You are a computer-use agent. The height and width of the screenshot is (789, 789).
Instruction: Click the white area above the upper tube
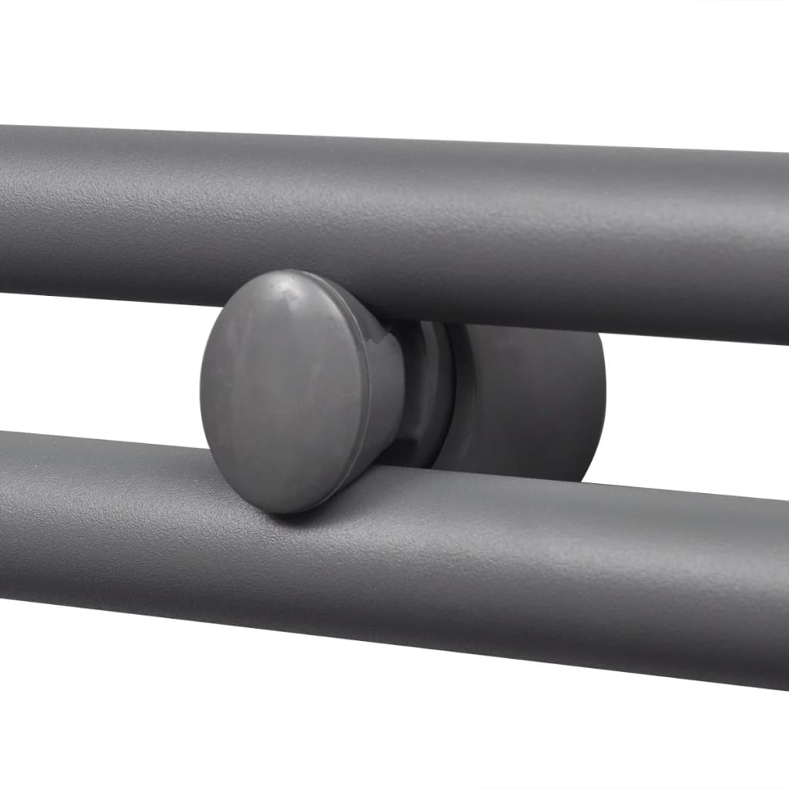[x=385, y=62]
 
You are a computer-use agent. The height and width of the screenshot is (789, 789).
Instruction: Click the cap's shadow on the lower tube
[x=308, y=516]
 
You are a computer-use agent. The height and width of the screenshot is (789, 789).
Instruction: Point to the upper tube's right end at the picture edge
[x=782, y=247]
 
